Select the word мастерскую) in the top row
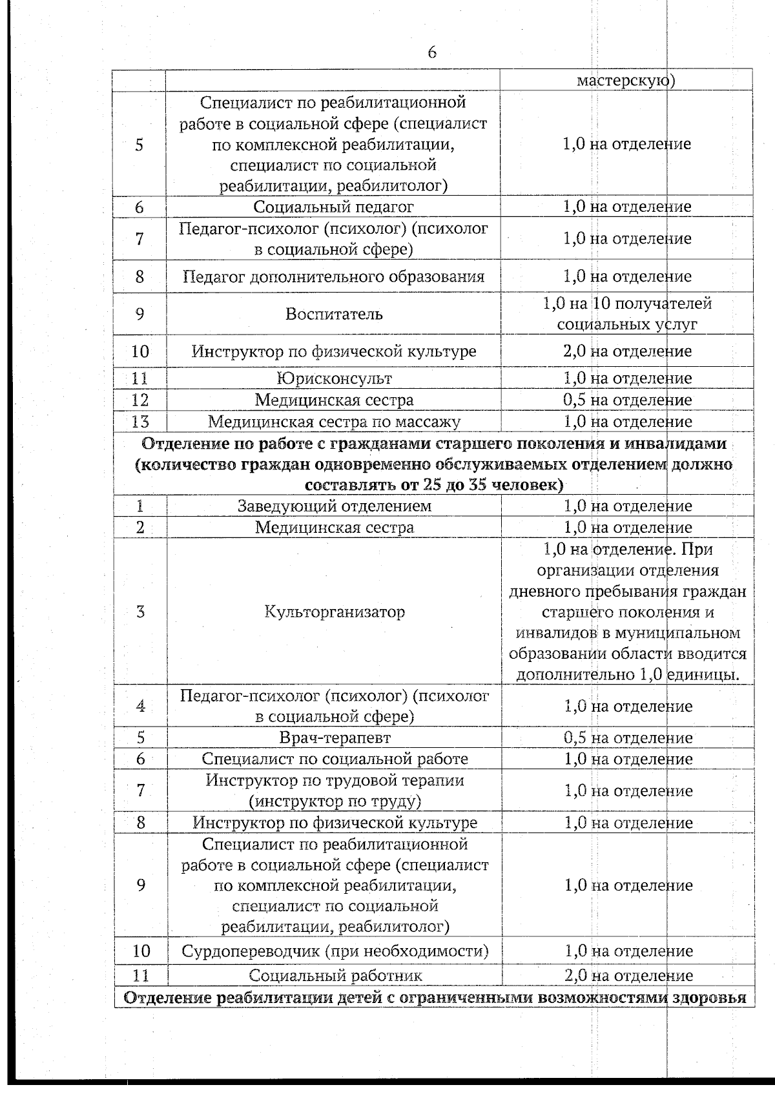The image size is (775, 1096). click(x=626, y=81)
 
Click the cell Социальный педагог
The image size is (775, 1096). click(x=333, y=207)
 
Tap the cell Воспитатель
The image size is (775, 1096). click(x=334, y=315)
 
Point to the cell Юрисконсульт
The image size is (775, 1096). click(x=334, y=378)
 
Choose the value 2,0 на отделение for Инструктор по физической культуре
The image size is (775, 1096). click(x=627, y=351)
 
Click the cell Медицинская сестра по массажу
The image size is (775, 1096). click(x=334, y=422)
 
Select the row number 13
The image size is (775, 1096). click(x=140, y=422)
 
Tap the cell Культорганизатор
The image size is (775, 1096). click(x=335, y=612)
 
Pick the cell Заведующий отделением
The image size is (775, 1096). click(x=334, y=506)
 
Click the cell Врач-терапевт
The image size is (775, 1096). click(x=335, y=738)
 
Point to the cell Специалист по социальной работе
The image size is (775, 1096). click(x=335, y=759)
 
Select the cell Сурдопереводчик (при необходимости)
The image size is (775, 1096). click(x=335, y=951)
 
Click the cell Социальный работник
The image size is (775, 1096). click(x=335, y=975)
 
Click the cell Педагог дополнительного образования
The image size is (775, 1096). click(x=333, y=277)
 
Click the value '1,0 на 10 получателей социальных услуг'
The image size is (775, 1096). click(x=627, y=314)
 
